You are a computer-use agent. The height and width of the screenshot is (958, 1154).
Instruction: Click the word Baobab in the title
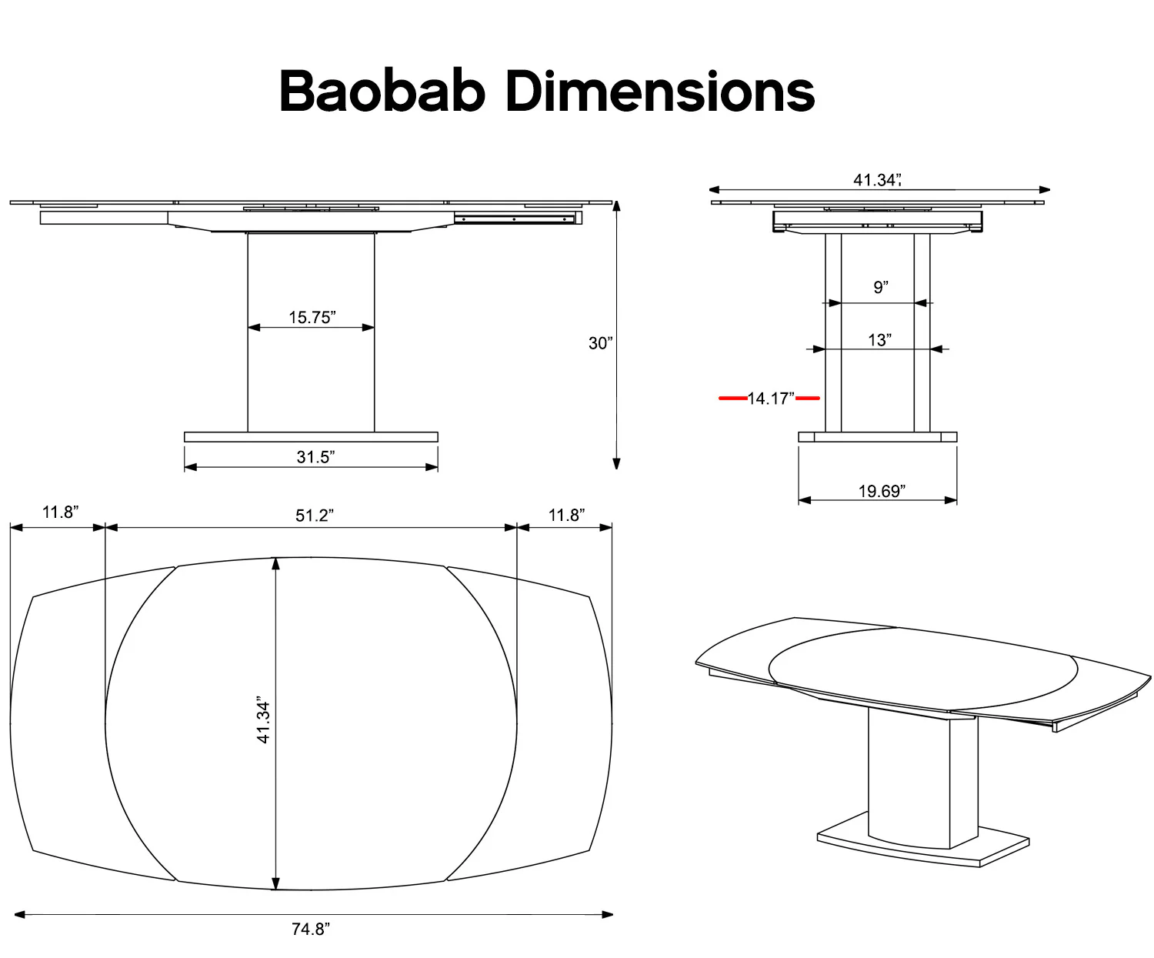click(x=382, y=92)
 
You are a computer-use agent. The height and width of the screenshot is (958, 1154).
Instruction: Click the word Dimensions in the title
click(x=660, y=92)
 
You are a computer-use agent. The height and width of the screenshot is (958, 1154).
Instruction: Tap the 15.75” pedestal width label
click(x=312, y=317)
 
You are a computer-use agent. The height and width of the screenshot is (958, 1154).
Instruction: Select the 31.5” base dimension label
click(x=315, y=457)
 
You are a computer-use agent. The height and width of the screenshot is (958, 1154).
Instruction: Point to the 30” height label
click(x=600, y=343)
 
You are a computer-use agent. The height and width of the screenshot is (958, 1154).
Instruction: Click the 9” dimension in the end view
click(x=880, y=287)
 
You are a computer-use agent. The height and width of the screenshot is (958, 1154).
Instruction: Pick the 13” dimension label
click(x=879, y=339)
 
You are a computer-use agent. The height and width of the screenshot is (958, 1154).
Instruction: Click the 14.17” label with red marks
click(x=770, y=399)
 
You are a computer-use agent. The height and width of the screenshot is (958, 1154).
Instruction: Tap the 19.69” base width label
click(x=882, y=491)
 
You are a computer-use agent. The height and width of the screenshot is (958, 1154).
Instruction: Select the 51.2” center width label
click(x=314, y=515)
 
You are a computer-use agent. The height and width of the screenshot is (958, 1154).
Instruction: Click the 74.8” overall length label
click(x=310, y=929)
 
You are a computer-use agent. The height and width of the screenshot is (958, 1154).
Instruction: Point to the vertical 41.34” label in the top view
click(x=264, y=722)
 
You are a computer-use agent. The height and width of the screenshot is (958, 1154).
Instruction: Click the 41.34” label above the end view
click(x=876, y=180)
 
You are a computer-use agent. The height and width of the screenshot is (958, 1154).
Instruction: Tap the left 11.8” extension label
click(x=60, y=512)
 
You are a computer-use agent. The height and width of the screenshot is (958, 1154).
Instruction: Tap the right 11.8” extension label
click(x=566, y=515)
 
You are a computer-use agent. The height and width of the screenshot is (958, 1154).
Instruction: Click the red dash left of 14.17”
click(x=732, y=399)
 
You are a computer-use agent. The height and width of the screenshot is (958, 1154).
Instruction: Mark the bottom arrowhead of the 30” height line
click(x=616, y=463)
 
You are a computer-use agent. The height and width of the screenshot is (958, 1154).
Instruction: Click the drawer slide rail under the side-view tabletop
click(x=515, y=219)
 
